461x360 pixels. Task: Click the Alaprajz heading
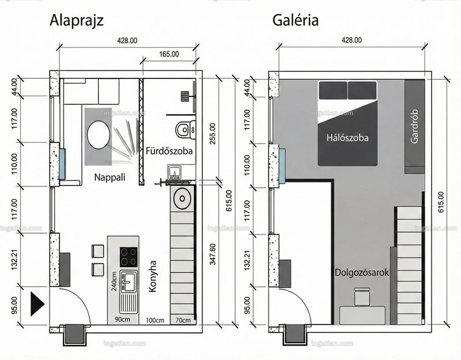[x=77, y=21]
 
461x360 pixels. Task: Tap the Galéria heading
[x=295, y=20]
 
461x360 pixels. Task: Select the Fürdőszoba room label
[x=169, y=151]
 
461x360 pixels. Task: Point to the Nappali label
[x=109, y=177]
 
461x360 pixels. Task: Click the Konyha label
[x=152, y=276]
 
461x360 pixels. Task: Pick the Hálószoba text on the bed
[x=347, y=138]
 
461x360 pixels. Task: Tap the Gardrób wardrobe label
[x=414, y=126]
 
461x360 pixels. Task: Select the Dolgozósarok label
[x=362, y=272]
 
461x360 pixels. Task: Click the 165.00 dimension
[x=169, y=54]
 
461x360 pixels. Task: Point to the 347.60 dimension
[x=213, y=254]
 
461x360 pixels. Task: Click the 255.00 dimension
[x=213, y=134]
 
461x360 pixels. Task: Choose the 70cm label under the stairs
[x=183, y=320]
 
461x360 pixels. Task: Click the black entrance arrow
[x=37, y=304]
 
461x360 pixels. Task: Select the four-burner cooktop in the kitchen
[x=129, y=256]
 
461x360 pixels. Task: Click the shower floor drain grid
[x=185, y=96]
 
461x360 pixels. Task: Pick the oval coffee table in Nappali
[x=99, y=135]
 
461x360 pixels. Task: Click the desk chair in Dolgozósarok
[x=362, y=297]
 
